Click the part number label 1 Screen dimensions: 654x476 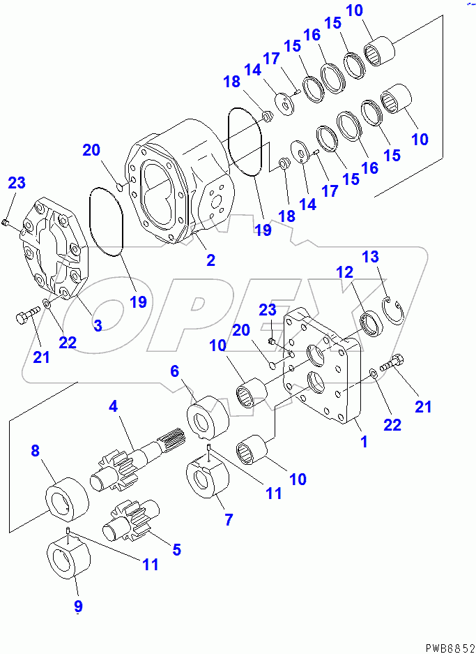tap(362, 442)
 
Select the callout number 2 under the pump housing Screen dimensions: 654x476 tap(210, 260)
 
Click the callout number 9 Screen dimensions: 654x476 tap(78, 606)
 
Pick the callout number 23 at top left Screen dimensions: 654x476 tap(17, 184)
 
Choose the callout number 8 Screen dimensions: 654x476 tap(35, 451)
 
